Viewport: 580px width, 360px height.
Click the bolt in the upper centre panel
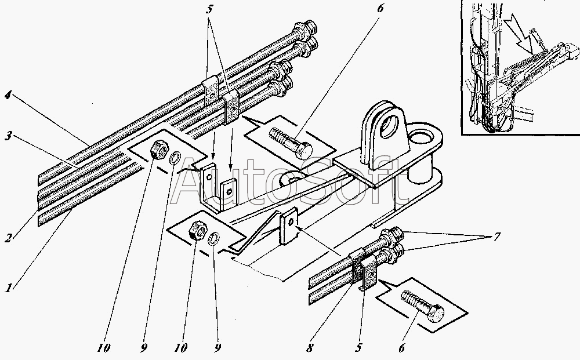[x=291, y=146]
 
